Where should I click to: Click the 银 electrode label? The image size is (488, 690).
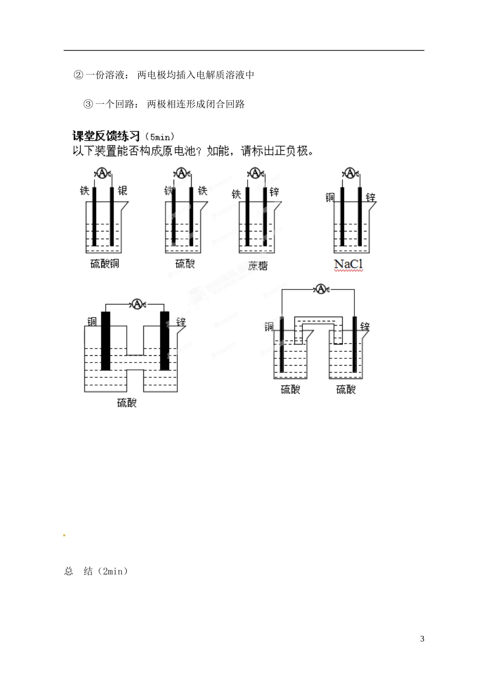122,191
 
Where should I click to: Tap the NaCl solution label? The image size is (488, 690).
348,264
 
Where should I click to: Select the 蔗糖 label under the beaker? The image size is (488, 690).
258,266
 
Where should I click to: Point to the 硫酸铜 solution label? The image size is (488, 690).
104,264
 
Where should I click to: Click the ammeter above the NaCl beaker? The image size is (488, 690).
350,173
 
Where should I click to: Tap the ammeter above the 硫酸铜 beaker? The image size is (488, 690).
102,173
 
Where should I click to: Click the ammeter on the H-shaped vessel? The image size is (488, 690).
137,304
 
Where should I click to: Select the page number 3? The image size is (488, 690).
422,639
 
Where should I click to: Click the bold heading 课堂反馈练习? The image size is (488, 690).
106,136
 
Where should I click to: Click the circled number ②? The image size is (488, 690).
78,75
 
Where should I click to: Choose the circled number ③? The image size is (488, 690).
88,104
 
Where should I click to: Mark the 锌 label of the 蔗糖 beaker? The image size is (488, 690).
274,192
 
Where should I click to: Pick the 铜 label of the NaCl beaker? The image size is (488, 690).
329,197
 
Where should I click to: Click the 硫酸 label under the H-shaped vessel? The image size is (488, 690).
127,403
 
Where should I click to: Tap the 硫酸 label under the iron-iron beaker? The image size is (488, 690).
185,264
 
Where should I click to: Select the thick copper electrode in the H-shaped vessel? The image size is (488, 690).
106,340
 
